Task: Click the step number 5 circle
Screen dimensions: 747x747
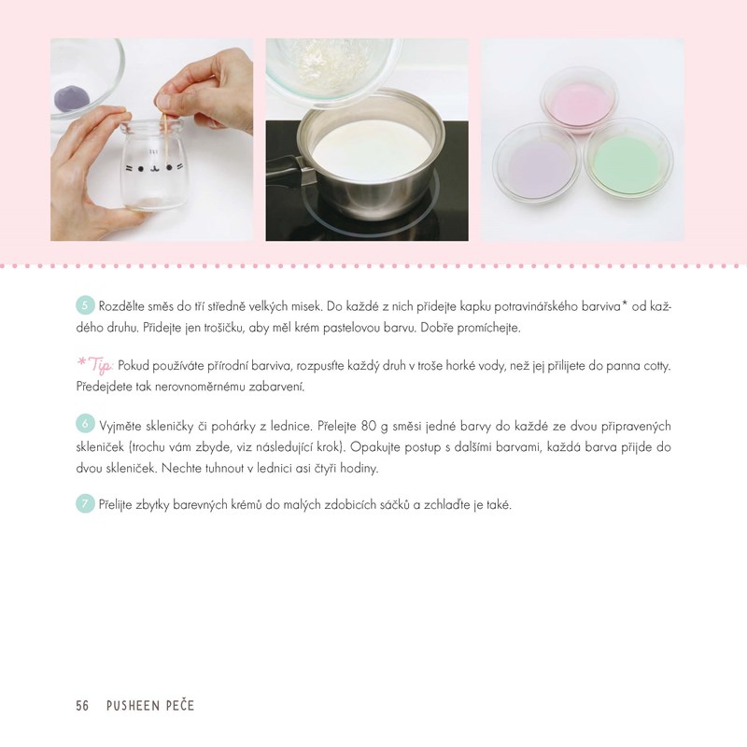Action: [x=85, y=305]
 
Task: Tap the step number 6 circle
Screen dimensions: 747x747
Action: [x=85, y=424]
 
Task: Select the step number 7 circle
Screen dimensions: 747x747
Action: [x=85, y=503]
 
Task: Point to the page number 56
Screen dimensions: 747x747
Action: [x=82, y=706]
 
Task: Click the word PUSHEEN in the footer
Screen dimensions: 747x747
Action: [x=133, y=706]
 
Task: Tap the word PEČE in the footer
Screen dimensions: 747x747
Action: [x=180, y=705]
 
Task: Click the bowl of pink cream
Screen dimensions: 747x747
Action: [x=579, y=101]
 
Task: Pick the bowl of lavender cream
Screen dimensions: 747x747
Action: [x=536, y=163]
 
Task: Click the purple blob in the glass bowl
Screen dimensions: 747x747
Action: [x=72, y=97]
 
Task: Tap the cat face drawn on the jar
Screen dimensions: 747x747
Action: [x=153, y=167]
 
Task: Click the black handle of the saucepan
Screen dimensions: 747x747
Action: [x=289, y=171]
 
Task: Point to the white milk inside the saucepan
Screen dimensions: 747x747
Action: [x=372, y=148]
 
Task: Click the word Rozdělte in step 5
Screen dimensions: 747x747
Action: [x=121, y=306]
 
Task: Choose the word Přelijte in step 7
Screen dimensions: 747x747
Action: [x=115, y=505]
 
